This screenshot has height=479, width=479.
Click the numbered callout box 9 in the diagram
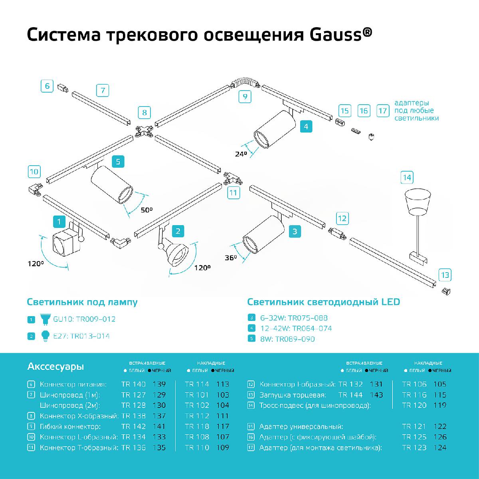245,97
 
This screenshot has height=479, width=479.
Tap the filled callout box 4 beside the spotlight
306,127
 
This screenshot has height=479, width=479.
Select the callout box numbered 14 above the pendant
407,177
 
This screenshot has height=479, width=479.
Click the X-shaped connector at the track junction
144,131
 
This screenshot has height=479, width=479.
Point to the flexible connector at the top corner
245,82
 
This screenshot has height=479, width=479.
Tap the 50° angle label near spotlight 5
146,210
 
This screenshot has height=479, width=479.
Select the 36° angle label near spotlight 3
230,258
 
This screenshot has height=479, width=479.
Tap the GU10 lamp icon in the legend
44,319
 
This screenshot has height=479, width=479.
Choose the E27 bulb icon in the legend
45,336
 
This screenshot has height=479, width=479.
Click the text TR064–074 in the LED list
312,329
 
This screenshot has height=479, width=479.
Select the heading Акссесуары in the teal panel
55,366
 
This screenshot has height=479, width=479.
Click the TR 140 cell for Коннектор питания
133,384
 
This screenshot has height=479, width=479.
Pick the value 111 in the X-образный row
223,416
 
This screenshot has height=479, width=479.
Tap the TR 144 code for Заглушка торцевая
350,395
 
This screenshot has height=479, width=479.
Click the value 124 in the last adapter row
439,447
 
